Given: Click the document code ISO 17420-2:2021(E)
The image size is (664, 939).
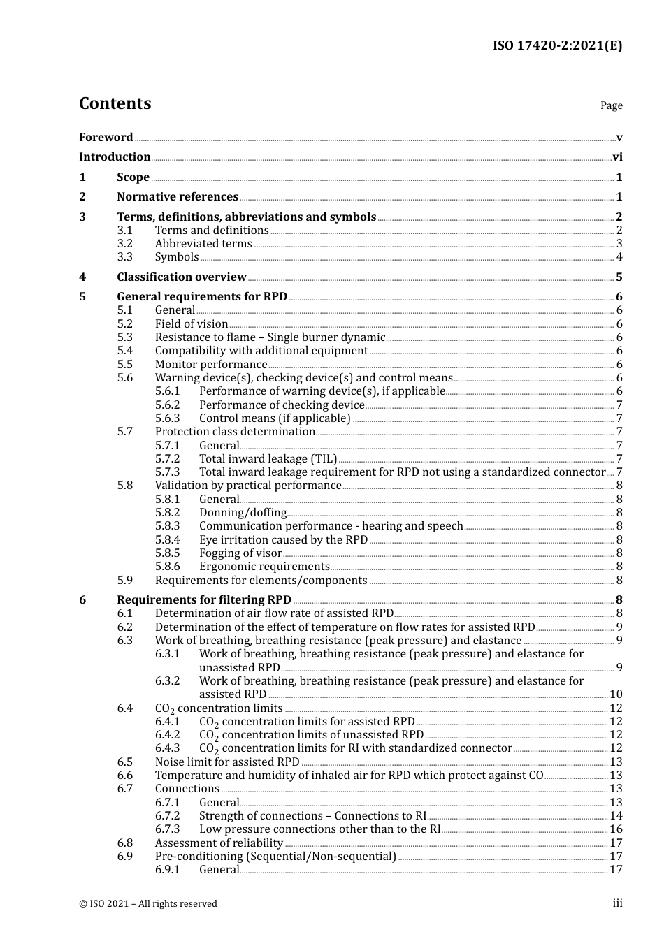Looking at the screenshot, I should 557,45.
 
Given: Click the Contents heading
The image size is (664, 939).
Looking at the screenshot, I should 115,103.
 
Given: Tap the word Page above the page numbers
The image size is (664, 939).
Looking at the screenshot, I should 611,105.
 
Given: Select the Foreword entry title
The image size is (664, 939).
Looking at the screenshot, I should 106,138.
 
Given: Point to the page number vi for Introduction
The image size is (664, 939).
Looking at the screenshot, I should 617,157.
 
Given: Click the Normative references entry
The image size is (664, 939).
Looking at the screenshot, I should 178,197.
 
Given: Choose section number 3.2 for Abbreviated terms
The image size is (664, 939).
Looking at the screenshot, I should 124,244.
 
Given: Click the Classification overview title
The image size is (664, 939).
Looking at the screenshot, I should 182,277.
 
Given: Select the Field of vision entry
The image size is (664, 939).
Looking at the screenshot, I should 192,324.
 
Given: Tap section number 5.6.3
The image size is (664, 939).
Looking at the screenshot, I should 168,418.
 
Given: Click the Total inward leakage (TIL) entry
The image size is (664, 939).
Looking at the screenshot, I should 268,459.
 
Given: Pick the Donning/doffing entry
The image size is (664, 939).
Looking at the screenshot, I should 243,513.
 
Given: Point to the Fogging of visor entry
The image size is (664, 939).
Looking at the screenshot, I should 240,553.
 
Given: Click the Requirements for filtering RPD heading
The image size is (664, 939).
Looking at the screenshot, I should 204,600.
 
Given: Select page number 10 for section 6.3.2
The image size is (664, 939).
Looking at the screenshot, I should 616,694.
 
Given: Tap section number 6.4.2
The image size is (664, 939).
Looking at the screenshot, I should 168,735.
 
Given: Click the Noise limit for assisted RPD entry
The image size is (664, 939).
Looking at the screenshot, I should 227,762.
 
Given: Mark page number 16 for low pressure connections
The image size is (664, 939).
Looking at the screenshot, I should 616,829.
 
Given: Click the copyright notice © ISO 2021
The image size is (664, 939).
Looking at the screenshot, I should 148,903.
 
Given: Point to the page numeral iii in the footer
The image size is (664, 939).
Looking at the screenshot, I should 617,903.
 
